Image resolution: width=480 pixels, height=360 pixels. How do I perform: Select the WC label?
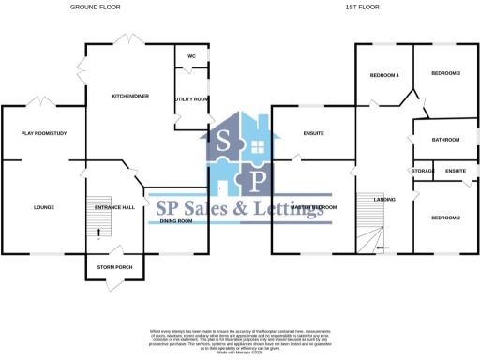[x=191, y=56]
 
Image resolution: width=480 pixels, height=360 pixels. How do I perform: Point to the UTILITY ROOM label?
[x=191, y=98]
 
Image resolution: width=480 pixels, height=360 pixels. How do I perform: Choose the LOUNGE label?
[x=43, y=207]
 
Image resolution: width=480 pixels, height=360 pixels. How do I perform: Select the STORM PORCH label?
[x=114, y=267]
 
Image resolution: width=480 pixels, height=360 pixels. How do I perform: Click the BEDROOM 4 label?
[x=384, y=75]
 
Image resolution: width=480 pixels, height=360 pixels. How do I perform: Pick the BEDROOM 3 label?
[x=445, y=73]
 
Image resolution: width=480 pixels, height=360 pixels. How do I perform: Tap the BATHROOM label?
[x=445, y=140]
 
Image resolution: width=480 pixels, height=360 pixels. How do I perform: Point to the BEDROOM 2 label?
[x=445, y=217]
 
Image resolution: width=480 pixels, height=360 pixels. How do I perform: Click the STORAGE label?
[x=423, y=171]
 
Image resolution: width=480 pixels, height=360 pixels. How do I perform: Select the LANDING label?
[x=384, y=200]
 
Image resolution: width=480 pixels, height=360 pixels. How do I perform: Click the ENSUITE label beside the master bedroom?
[x=313, y=133]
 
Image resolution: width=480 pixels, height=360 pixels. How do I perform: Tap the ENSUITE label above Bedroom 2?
[x=456, y=171]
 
